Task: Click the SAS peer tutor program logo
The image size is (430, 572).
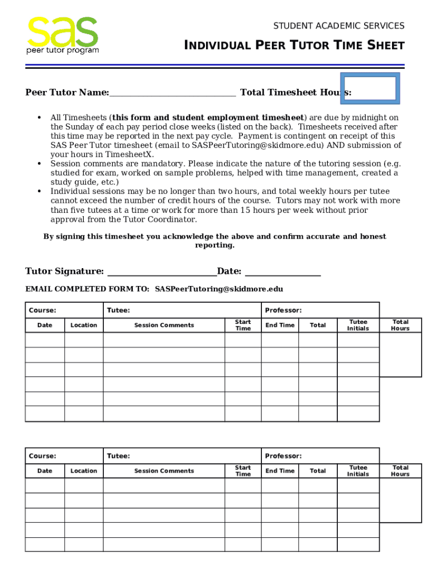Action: click(63, 35)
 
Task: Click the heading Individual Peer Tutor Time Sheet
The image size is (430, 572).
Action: click(294, 46)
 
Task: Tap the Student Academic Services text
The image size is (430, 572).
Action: click(338, 26)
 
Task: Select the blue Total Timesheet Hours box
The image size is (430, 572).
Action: click(370, 88)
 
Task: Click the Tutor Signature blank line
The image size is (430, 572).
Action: click(161, 271)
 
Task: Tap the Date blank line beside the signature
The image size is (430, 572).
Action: click(283, 271)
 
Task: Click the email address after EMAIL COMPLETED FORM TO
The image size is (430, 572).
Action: click(219, 289)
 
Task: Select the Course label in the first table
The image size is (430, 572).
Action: click(42, 310)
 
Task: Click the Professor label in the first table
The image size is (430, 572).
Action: click(283, 310)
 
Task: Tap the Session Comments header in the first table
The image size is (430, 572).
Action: click(164, 325)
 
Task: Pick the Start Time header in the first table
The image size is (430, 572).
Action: click(243, 325)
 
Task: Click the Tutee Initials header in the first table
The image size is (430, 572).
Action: click(358, 325)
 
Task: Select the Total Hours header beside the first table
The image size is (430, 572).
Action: click(400, 325)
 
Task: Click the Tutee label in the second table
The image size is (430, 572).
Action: click(118, 456)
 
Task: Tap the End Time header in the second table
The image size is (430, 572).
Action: click(280, 471)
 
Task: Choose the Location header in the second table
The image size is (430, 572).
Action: click(84, 471)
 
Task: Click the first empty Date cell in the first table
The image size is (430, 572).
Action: click(45, 340)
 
